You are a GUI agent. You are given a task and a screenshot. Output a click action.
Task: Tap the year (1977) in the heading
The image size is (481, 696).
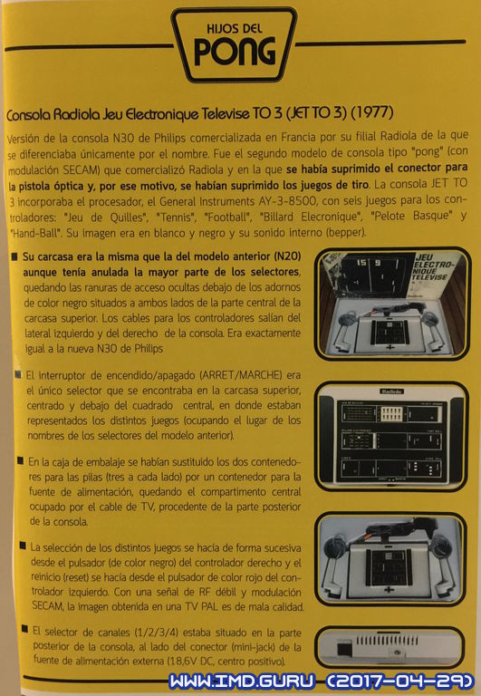[x=371, y=112]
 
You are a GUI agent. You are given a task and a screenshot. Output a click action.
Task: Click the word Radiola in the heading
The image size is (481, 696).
[x=73, y=115]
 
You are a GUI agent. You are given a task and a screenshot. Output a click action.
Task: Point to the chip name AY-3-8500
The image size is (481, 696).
[x=288, y=200]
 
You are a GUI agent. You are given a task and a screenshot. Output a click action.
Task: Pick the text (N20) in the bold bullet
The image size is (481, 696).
[x=287, y=256]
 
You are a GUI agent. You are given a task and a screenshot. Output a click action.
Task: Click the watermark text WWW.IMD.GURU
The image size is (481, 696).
[x=243, y=681]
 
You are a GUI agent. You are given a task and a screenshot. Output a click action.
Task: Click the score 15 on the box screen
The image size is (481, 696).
[x=361, y=263]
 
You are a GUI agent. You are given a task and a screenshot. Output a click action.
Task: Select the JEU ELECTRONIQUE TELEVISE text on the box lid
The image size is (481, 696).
[x=435, y=267]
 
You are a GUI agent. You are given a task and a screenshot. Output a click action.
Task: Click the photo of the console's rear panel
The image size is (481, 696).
[x=390, y=647]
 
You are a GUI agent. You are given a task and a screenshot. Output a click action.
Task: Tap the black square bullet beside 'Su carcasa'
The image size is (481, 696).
[x=14, y=256]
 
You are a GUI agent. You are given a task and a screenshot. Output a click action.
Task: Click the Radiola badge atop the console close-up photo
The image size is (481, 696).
[x=390, y=391]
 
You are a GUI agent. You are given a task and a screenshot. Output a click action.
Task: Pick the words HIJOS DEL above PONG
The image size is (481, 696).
[x=235, y=29]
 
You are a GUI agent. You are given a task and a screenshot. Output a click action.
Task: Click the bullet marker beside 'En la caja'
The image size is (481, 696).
[x=21, y=460]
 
